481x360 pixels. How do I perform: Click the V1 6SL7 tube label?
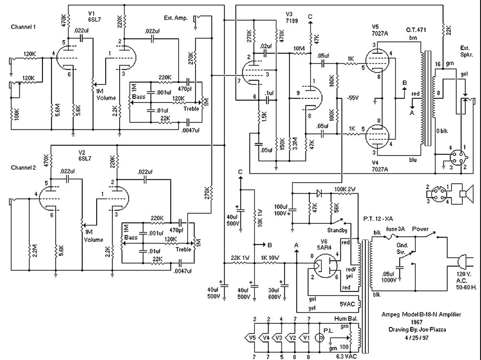95,16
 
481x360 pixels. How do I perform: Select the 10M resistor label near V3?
299,48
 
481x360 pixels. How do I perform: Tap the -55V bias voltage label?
353,98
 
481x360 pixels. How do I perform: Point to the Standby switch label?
337,230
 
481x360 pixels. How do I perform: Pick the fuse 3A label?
395,229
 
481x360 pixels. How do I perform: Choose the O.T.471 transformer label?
416,30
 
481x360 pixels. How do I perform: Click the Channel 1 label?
23,27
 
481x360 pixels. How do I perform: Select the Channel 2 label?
23,168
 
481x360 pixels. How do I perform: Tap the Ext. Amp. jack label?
176,18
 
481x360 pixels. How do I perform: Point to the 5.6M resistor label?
58,110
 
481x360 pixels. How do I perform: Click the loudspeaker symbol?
467,194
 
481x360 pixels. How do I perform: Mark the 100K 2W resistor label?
345,189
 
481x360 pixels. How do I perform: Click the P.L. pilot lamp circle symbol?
319,338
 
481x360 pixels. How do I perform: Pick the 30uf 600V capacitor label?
274,294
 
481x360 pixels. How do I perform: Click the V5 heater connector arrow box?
250,338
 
